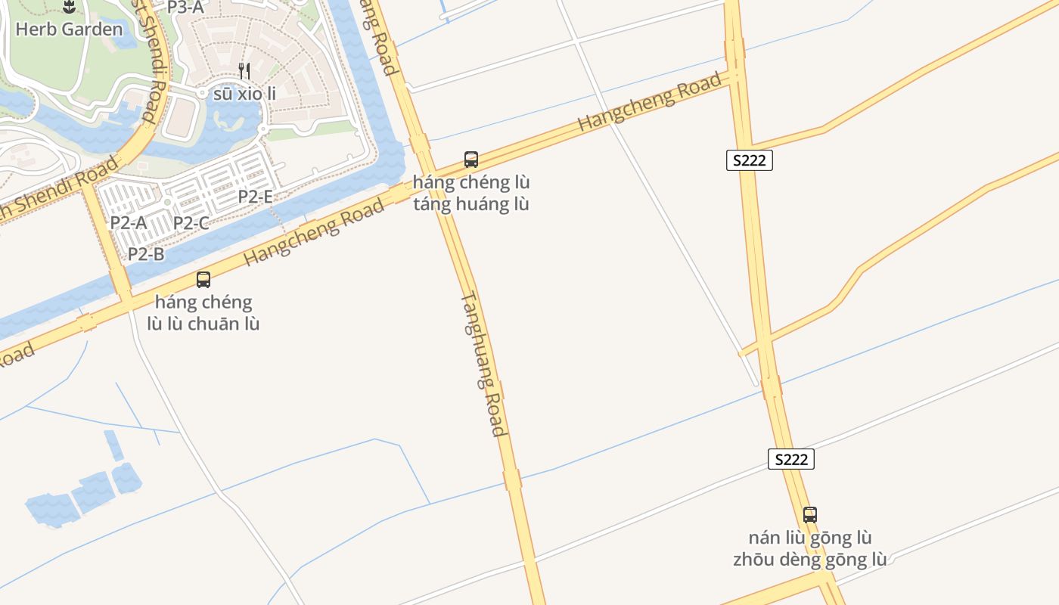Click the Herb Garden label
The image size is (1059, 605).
(69, 29)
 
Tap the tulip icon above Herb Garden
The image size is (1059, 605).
(69, 8)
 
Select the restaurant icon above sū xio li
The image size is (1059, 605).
(244, 71)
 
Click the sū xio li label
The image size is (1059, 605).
(244, 94)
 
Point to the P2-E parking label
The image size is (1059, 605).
(256, 197)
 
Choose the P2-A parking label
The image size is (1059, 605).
(129, 222)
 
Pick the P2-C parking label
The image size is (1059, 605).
(191, 223)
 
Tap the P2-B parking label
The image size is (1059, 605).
(146, 254)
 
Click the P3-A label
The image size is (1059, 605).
(185, 7)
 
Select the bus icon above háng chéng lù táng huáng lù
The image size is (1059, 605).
(471, 160)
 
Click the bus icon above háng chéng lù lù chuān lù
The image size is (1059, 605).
(203, 280)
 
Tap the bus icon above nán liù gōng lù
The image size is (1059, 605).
(810, 515)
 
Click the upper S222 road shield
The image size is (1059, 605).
(750, 160)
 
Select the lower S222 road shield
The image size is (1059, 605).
(791, 459)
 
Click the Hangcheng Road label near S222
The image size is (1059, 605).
(650, 103)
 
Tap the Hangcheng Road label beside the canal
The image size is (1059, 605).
(314, 232)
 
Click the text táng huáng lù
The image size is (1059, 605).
(471, 204)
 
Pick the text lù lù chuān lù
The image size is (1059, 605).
(203, 324)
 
